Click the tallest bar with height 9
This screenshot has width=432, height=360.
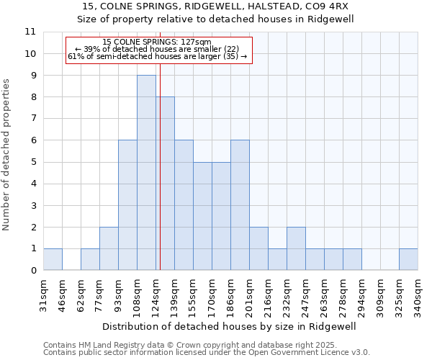pos(146,173)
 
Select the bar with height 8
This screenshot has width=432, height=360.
pos(165,184)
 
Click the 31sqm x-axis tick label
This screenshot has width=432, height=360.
pos(43,297)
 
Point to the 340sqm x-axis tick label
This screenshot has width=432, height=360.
pos(418,297)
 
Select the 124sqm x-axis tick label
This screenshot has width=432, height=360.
pos(156,297)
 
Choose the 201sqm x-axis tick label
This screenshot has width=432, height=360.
pos(249,297)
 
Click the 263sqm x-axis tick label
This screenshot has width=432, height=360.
pos(324,297)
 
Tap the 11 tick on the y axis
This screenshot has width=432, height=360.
pos(30,32)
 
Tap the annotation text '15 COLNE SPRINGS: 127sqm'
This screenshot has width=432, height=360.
pos(157,42)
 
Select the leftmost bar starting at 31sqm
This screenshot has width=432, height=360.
pos(53,259)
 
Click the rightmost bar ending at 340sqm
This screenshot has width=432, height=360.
pos(408,259)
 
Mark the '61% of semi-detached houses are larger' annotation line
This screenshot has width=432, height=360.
pos(157,56)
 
